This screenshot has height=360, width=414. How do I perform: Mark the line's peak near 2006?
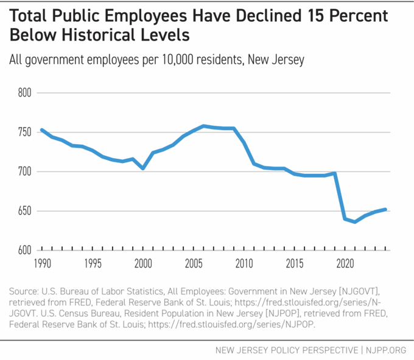pyautogui.click(x=204, y=126)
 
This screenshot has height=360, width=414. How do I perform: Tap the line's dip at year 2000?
pyautogui.click(x=143, y=168)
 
